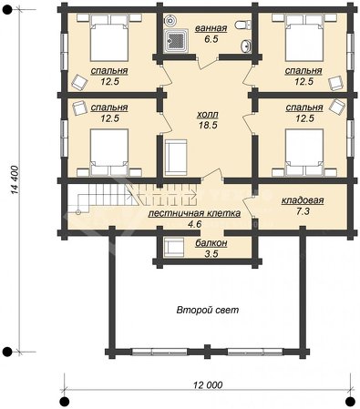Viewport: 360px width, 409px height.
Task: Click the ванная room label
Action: (x=211, y=28)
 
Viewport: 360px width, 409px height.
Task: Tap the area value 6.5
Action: (x=211, y=39)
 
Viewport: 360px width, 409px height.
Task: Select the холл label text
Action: (x=208, y=115)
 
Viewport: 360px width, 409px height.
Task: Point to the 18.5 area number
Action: (x=208, y=125)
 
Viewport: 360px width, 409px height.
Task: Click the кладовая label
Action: (x=303, y=200)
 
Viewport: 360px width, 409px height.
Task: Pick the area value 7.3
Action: (x=303, y=211)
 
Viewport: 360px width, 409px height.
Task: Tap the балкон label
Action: (x=211, y=243)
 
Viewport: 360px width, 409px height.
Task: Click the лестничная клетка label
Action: (x=194, y=213)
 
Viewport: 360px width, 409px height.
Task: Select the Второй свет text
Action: (x=208, y=310)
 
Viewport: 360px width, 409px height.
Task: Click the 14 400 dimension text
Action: (x=15, y=179)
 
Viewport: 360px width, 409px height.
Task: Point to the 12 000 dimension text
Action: (x=208, y=385)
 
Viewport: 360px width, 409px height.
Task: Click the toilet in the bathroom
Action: (x=243, y=25)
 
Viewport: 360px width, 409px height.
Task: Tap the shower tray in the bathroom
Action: (x=175, y=41)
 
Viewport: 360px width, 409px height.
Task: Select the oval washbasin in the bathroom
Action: (x=245, y=46)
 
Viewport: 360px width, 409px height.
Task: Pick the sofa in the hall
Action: (x=176, y=158)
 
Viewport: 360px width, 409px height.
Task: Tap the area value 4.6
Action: (x=194, y=224)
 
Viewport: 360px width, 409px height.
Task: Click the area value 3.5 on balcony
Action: (x=211, y=254)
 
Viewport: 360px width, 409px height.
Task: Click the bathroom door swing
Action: (x=207, y=63)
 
